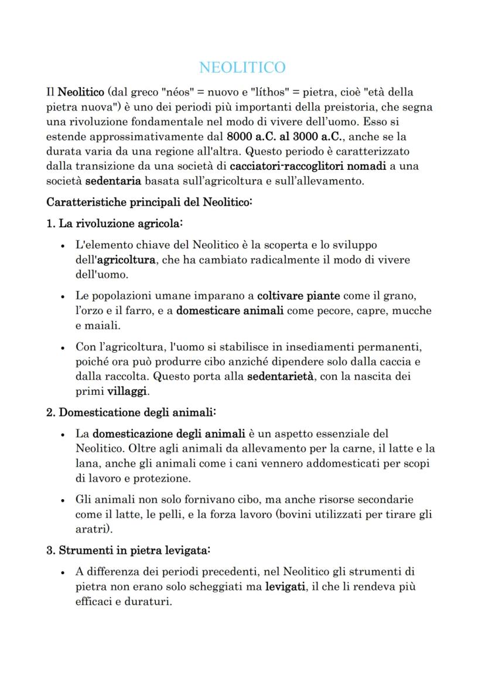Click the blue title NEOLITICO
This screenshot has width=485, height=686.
click(x=243, y=67)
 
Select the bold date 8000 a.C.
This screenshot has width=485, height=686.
click(x=251, y=137)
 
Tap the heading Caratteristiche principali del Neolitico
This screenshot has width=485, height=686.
click(x=149, y=202)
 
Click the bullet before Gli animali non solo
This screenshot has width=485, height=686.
click(x=63, y=500)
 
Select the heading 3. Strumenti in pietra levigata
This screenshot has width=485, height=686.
click(x=128, y=551)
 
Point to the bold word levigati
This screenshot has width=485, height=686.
click(x=286, y=587)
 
